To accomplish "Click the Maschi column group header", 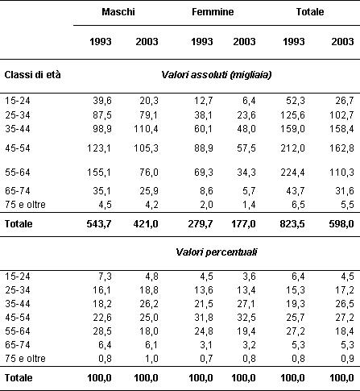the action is pyautogui.click(x=118, y=12).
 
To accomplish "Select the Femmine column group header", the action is pyautogui.click(x=213, y=12).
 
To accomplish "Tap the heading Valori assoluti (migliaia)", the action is pyautogui.click(x=217, y=75).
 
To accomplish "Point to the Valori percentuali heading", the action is pyautogui.click(x=217, y=252).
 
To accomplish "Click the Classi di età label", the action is pyautogui.click(x=32, y=75).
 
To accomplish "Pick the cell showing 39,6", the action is pyautogui.click(x=102, y=101).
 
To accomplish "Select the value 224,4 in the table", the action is pyautogui.click(x=292, y=173).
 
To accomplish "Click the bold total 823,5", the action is pyautogui.click(x=292, y=224).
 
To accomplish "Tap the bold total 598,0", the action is pyautogui.click(x=341, y=224).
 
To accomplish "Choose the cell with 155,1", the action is pyautogui.click(x=99, y=173).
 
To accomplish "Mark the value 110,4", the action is pyautogui.click(x=146, y=129).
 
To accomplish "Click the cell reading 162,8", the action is pyautogui.click(x=342, y=148).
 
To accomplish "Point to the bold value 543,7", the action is pyautogui.click(x=99, y=224).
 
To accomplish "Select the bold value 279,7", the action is pyautogui.click(x=201, y=224).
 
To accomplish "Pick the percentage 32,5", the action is pyautogui.click(x=246, y=318).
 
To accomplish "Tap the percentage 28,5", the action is pyautogui.click(x=102, y=331).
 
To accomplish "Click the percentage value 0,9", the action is pyautogui.click(x=347, y=359).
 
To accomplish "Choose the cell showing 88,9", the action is pyautogui.click(x=204, y=148).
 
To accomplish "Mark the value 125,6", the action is pyautogui.click(x=292, y=115).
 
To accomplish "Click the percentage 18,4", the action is pyautogui.click(x=345, y=331).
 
